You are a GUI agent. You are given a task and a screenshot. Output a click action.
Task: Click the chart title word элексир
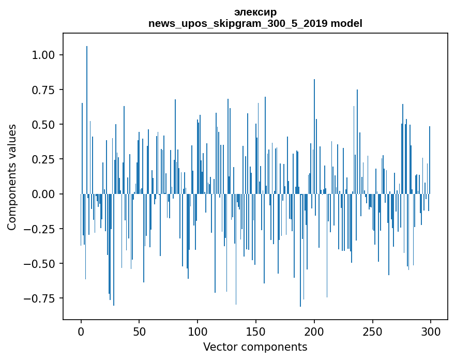coord(255,12)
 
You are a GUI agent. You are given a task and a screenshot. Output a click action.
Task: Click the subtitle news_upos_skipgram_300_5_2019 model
coord(255,23)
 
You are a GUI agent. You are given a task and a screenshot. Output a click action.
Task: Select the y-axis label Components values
coord(12,176)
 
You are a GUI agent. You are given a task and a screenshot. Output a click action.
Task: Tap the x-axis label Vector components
coord(255,347)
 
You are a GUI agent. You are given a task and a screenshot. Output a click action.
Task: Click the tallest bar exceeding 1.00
coord(87,103)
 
